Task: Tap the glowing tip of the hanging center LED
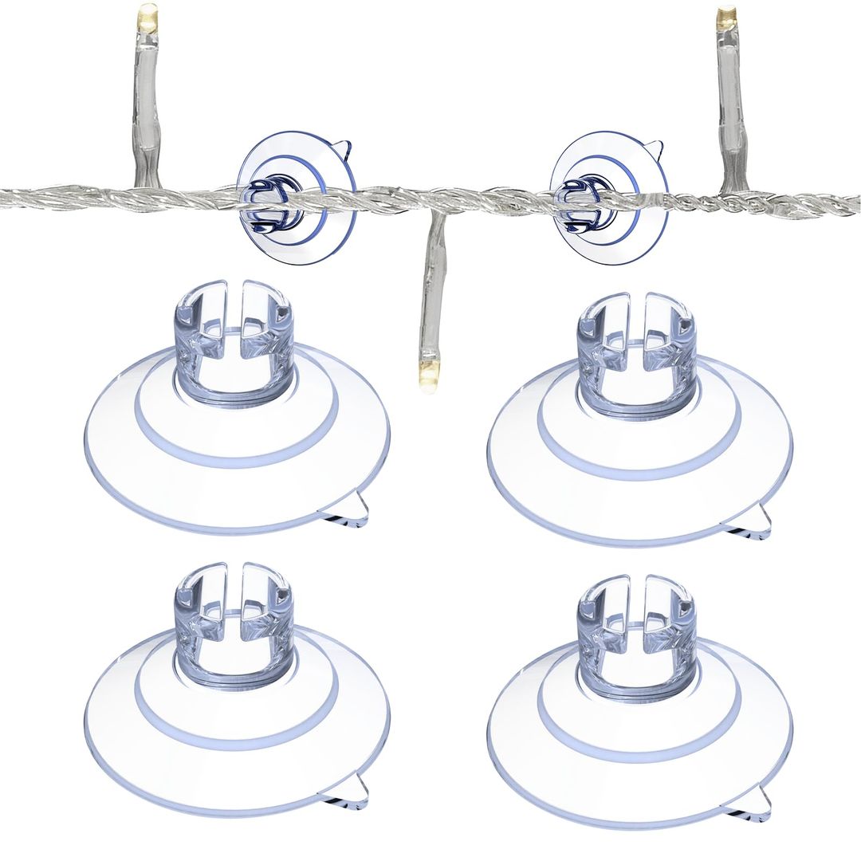tap(431, 374)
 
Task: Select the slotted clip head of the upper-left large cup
tap(234, 335)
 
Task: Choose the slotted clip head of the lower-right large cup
tap(635, 629)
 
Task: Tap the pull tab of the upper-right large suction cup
tap(757, 522)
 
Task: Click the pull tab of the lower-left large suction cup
tap(354, 792)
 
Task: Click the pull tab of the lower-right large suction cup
tap(757, 804)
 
